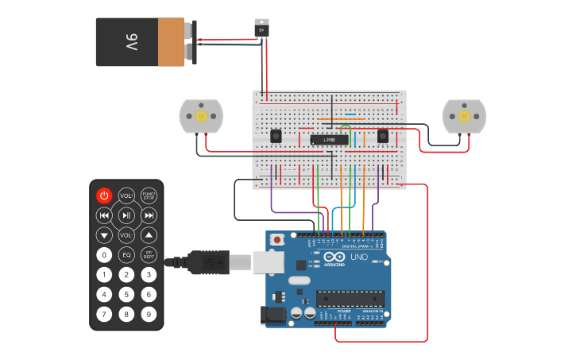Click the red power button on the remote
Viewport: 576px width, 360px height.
pos(104,195)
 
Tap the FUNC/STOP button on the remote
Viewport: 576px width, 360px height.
pos(149,195)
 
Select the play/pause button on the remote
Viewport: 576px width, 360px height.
pos(126,215)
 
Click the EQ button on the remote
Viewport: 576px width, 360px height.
pos(126,255)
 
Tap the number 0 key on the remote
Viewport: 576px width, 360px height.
pos(104,255)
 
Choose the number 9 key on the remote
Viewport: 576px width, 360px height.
pos(149,314)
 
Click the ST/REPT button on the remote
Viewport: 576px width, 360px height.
pos(149,255)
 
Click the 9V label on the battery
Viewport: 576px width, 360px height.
pos(132,42)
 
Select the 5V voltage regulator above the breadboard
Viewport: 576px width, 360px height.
pos(261,29)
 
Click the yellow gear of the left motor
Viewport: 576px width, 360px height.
pos(201,116)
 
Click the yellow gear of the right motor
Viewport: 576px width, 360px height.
pos(464,116)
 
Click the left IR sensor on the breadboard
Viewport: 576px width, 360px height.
pos(276,136)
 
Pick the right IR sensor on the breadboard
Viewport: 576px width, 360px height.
pos(383,136)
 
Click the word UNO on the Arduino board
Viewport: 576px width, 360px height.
pos(359,257)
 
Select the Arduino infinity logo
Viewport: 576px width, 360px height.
pos(334,257)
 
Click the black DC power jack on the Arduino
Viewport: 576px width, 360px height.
pos(274,315)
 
